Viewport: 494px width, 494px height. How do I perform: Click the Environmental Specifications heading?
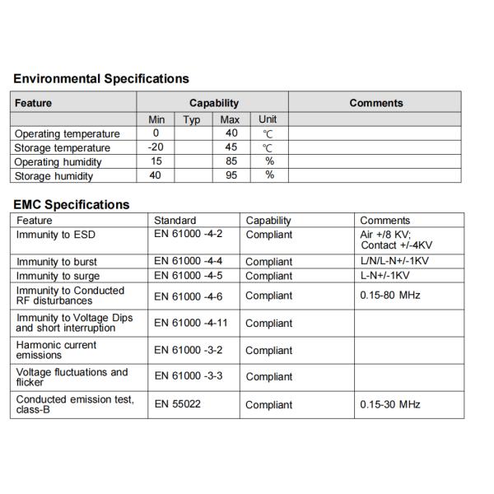coord(101,79)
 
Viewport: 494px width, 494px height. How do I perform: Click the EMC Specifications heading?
coord(72,204)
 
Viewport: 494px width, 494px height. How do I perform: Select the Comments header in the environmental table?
coord(375,103)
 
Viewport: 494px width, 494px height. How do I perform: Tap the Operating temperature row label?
coord(68,133)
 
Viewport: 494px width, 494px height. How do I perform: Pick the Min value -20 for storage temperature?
coord(156,147)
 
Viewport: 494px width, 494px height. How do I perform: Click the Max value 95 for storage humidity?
coord(231,175)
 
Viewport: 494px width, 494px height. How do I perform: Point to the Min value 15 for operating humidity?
coord(156,161)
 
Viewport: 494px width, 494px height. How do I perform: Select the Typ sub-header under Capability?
coord(192,120)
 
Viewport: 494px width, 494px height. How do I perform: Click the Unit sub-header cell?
coord(268,120)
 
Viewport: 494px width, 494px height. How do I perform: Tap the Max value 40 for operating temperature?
coord(231,133)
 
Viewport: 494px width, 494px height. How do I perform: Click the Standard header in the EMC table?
coord(175,221)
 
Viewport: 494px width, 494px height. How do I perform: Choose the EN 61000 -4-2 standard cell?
coord(189,235)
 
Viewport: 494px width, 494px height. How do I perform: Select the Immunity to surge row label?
coord(58,276)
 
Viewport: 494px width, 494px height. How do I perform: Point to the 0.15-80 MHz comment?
coord(390,294)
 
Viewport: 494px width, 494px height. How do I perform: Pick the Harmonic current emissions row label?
coord(57,350)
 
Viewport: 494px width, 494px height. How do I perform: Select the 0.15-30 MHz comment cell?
coord(390,404)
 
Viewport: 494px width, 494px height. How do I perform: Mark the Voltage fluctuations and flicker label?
coord(72,377)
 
